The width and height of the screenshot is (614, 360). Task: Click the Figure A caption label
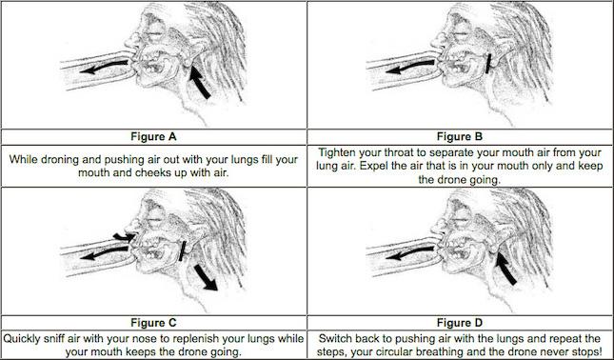pyautogui.click(x=153, y=137)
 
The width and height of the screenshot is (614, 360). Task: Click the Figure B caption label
pyautogui.click(x=460, y=137)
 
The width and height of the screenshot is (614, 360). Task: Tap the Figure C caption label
pyautogui.click(x=153, y=323)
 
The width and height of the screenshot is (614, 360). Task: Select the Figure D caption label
pyautogui.click(x=460, y=323)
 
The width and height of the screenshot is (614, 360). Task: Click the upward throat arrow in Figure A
pyautogui.click(x=200, y=83)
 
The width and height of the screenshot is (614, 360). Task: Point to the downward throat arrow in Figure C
pyautogui.click(x=206, y=277)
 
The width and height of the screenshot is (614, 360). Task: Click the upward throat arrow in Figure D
pyautogui.click(x=505, y=269)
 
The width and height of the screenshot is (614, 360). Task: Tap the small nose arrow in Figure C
pyautogui.click(x=124, y=236)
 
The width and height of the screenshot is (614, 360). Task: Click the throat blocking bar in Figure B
pyautogui.click(x=488, y=64)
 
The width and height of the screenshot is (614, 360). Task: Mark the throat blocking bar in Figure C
pyautogui.click(x=183, y=250)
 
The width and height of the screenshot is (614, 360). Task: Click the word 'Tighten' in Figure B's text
pyautogui.click(x=336, y=152)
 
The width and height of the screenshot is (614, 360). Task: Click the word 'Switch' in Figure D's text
pyautogui.click(x=335, y=338)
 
